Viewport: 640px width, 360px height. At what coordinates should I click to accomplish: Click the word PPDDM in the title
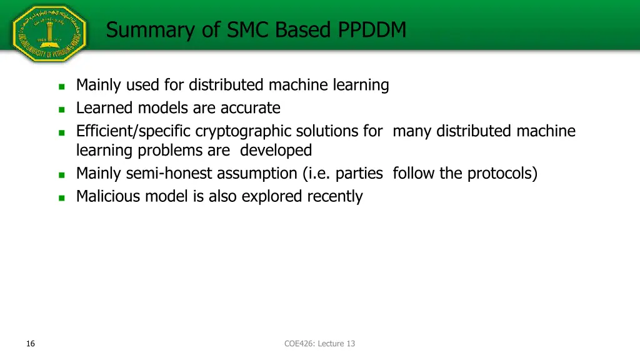372,29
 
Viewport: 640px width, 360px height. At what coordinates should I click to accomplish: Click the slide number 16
31,343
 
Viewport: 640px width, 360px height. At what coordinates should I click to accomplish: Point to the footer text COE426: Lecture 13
319,343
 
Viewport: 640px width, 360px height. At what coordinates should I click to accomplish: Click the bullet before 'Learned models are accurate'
61,109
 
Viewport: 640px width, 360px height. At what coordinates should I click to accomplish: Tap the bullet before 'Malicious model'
61,197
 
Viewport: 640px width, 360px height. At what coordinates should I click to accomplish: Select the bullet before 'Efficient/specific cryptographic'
61,132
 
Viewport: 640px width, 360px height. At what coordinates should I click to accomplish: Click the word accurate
249,108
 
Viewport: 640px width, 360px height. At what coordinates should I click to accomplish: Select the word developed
276,150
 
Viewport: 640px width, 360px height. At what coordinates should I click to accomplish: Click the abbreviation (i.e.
316,173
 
